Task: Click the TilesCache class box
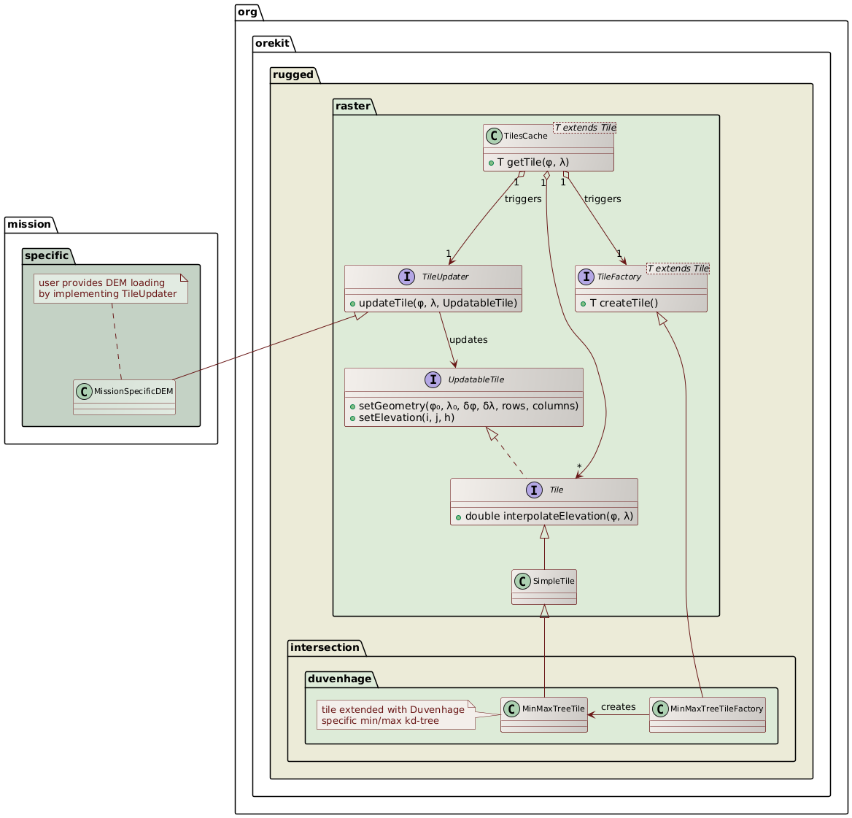(x=548, y=148)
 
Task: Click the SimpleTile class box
(x=544, y=587)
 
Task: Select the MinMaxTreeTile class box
(x=543, y=714)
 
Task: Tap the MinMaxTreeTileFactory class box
(x=708, y=714)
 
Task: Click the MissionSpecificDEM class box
(x=124, y=397)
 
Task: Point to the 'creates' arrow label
(x=618, y=706)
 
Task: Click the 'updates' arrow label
(x=468, y=340)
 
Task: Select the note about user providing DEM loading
(x=111, y=288)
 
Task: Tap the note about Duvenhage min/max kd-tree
(x=395, y=715)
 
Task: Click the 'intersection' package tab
(x=324, y=647)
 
